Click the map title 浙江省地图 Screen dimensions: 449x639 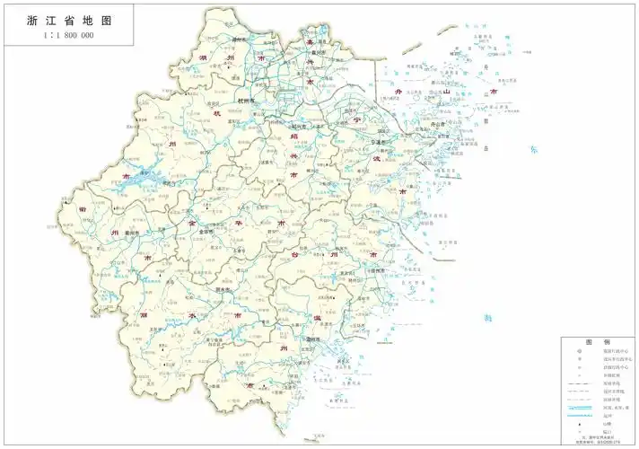point(67,18)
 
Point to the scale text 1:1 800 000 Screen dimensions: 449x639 point(67,36)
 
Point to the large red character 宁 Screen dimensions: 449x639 point(356,119)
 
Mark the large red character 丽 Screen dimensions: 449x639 point(144,316)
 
